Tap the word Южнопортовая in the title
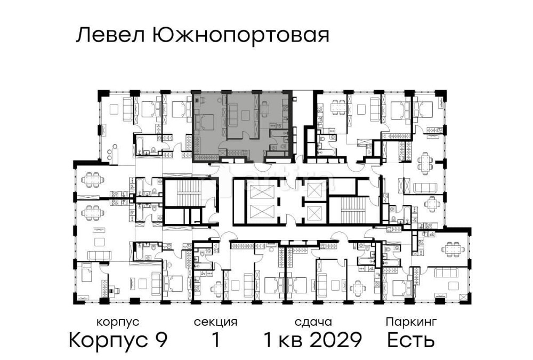240,36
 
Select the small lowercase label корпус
118,322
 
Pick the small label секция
215,322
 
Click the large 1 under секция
215,340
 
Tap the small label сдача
313,322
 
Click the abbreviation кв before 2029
291,340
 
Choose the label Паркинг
411,322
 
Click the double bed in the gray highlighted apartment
205,121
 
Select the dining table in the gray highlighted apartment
265,109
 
